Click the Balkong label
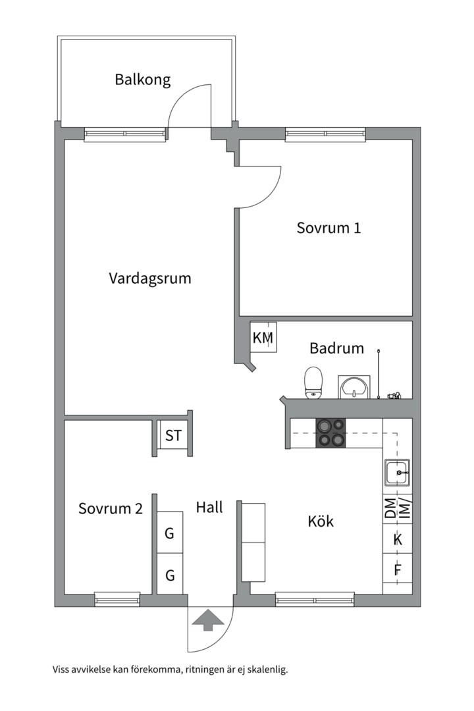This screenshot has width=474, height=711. point(142,80)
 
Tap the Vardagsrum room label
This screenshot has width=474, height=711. point(150,278)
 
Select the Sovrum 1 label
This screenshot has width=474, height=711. point(329,228)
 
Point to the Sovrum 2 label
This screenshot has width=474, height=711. point(111,508)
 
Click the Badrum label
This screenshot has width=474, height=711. point(336,348)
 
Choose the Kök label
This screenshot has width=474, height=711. point(321,521)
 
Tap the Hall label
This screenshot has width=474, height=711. point(209,507)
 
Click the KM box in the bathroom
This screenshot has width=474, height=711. point(263,338)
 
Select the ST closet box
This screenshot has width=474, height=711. point(174,435)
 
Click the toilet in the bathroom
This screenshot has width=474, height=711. point(314,382)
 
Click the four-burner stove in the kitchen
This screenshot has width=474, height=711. point(330,433)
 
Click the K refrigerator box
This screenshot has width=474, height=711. point(398,540)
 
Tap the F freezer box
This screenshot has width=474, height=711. point(398,570)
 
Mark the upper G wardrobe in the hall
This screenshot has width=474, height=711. point(170,533)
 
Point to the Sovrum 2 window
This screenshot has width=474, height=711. point(117,598)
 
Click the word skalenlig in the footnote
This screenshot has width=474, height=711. point(265,670)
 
